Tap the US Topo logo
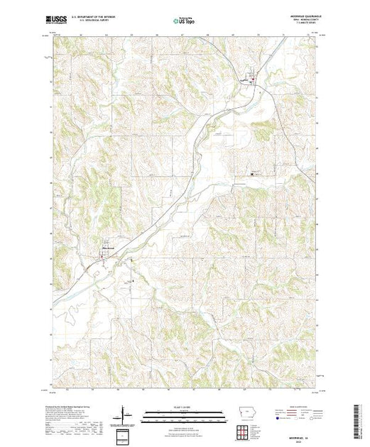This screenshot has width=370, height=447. (185, 21)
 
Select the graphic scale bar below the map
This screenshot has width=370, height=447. (184, 412)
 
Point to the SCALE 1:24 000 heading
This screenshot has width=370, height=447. (184, 407)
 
